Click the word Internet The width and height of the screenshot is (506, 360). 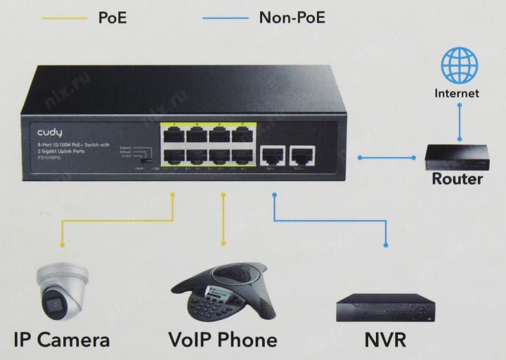(x=457, y=93)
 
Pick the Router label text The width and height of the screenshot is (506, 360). (x=457, y=179)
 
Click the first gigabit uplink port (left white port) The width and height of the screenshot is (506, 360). (x=272, y=154)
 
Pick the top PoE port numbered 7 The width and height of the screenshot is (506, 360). (x=243, y=134)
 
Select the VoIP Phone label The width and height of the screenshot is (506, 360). (x=223, y=340)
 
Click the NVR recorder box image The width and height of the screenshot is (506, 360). (x=385, y=307)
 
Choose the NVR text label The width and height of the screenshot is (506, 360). (x=385, y=340)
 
